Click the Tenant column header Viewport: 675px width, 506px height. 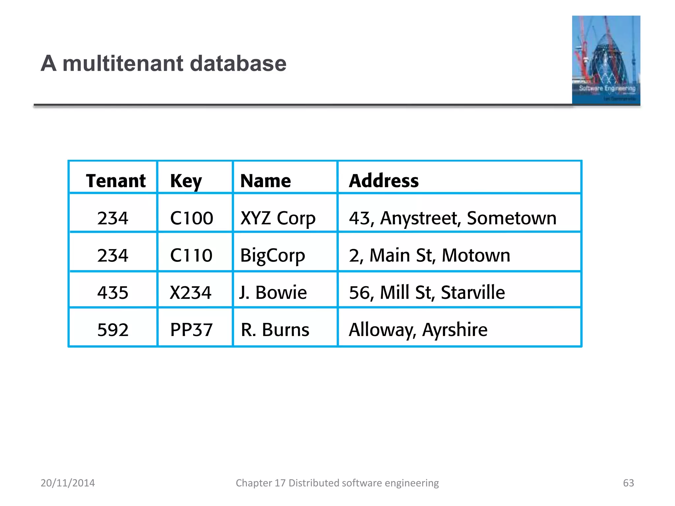(116, 181)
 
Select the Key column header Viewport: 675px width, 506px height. (186, 181)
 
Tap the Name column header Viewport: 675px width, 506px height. (265, 181)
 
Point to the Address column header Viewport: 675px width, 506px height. (384, 181)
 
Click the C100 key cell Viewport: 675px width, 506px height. (191, 218)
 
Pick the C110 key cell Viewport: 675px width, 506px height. (191, 255)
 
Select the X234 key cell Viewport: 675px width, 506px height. (191, 293)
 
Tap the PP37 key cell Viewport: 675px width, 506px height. (191, 330)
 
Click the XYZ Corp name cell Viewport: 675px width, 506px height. (278, 218)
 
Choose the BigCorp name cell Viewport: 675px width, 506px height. (273, 256)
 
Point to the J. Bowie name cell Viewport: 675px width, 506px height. (273, 293)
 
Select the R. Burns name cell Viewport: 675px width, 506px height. (275, 330)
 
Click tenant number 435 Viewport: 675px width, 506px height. (113, 293)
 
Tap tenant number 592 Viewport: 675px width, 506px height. (113, 330)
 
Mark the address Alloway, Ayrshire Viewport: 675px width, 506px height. (418, 330)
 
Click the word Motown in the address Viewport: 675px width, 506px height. (476, 255)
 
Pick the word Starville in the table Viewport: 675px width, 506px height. (473, 293)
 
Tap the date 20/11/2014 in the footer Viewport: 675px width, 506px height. (68, 483)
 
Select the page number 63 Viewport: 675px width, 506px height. (628, 483)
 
